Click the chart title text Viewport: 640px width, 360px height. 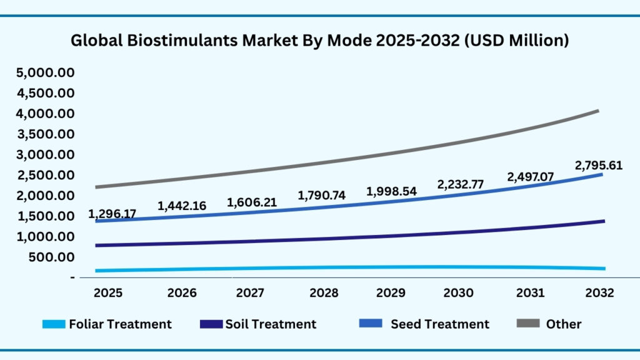pyautogui.click(x=319, y=41)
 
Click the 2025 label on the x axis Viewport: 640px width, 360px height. pyautogui.click(x=107, y=293)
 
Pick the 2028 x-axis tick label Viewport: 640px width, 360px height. pyautogui.click(x=324, y=293)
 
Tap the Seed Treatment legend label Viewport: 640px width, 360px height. pyautogui.click(x=440, y=324)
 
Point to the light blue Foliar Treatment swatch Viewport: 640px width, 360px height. pyautogui.click(x=54, y=324)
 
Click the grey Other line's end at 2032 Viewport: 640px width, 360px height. pyautogui.click(x=598, y=111)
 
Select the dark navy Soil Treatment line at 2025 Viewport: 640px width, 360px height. pyautogui.click(x=97, y=246)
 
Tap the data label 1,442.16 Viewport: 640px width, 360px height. pyautogui.click(x=182, y=205)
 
